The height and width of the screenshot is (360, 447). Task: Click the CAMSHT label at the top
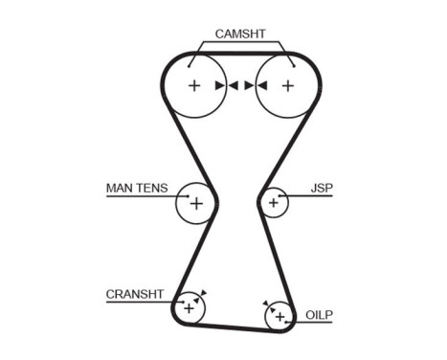tap(239, 34)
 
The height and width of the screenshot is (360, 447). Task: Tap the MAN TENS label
tap(135, 187)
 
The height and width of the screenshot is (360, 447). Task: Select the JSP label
tap(322, 187)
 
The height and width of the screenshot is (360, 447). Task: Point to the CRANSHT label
tap(135, 294)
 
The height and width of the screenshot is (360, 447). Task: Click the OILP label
tap(319, 314)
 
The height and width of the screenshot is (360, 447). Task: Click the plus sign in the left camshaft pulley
tap(194, 85)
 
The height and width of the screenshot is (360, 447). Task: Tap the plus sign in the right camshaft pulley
tap(287, 85)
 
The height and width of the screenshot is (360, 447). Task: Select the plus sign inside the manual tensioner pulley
tap(196, 203)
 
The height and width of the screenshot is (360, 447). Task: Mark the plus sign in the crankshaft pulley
tap(189, 307)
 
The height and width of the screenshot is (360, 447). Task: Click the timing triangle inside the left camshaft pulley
tap(220, 85)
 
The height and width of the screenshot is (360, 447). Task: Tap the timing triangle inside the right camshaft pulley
tap(261, 85)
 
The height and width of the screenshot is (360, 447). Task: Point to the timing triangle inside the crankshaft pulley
tap(196, 301)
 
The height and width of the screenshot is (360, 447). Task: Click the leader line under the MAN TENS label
tap(144, 195)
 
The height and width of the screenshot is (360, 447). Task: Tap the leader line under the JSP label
tap(306, 195)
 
